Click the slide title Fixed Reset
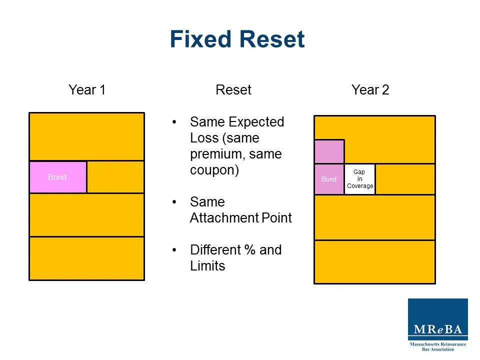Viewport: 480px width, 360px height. [237, 39]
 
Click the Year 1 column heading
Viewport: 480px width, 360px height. [87, 90]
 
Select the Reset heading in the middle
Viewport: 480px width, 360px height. [233, 90]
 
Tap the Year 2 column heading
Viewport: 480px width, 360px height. [370, 90]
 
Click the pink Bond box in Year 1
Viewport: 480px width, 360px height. [57, 177]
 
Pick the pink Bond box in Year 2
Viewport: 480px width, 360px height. [329, 179]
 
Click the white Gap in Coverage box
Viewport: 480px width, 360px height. [359, 179]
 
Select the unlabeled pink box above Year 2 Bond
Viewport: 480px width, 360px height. [329, 151]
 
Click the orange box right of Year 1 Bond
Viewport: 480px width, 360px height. [115, 177]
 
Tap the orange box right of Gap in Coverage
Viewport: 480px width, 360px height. [404, 179]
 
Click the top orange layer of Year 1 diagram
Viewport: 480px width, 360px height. [86, 136]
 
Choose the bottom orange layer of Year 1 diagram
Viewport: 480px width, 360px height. [86, 258]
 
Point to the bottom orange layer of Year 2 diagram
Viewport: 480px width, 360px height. [374, 261]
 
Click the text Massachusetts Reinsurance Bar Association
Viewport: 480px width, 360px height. [437, 346]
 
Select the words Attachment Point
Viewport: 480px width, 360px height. [240, 218]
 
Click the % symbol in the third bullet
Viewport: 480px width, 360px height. [249, 250]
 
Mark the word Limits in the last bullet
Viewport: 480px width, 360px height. [207, 266]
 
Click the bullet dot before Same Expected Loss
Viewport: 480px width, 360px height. [174, 122]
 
